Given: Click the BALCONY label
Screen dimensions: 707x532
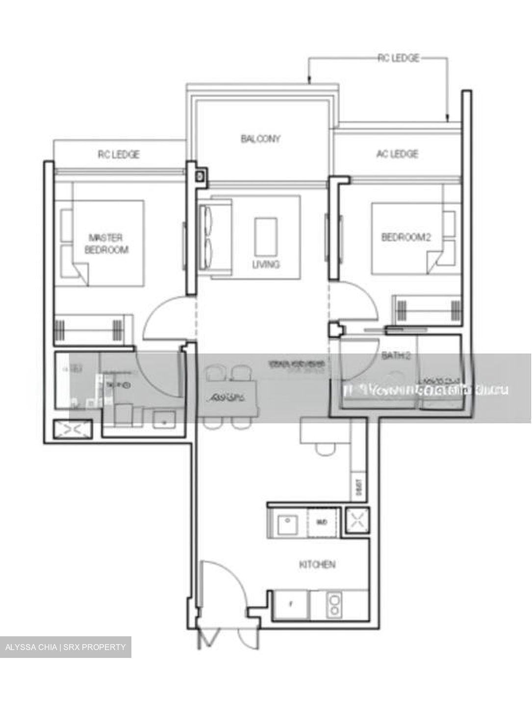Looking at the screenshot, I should pyautogui.click(x=260, y=139).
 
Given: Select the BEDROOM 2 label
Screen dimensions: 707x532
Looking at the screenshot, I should pyautogui.click(x=406, y=237).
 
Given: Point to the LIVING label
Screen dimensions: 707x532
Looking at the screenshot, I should pyautogui.click(x=266, y=265).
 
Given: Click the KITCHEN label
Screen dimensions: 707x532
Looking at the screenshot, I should pyautogui.click(x=317, y=565).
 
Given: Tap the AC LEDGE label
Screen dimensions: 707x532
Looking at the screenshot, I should pyautogui.click(x=397, y=154).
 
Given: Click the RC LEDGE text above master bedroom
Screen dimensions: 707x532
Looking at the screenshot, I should pyautogui.click(x=119, y=154).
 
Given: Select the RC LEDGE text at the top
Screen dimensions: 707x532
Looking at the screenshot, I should pyautogui.click(x=398, y=58).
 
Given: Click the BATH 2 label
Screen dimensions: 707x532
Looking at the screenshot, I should pyautogui.click(x=396, y=355).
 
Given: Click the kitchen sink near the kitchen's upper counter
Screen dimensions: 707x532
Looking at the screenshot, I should pyautogui.click(x=286, y=523).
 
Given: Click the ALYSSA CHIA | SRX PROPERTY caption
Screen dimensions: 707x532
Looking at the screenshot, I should pyautogui.click(x=66, y=647).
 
